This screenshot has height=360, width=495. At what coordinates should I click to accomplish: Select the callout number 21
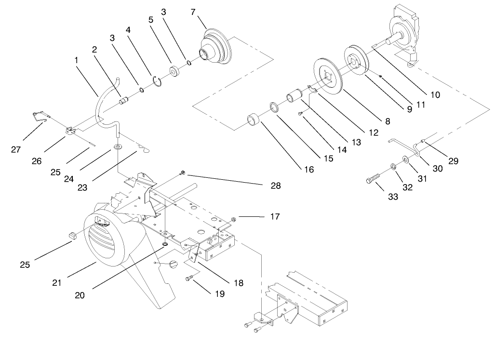[57, 282]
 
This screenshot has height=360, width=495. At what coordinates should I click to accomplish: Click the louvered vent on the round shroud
[104, 239]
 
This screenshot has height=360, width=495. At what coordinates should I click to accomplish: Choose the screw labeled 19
[189, 278]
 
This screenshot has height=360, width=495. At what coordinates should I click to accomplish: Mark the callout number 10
[435, 95]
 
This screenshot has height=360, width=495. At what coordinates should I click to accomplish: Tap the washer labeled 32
[393, 167]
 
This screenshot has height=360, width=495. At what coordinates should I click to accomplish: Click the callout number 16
[308, 170]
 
